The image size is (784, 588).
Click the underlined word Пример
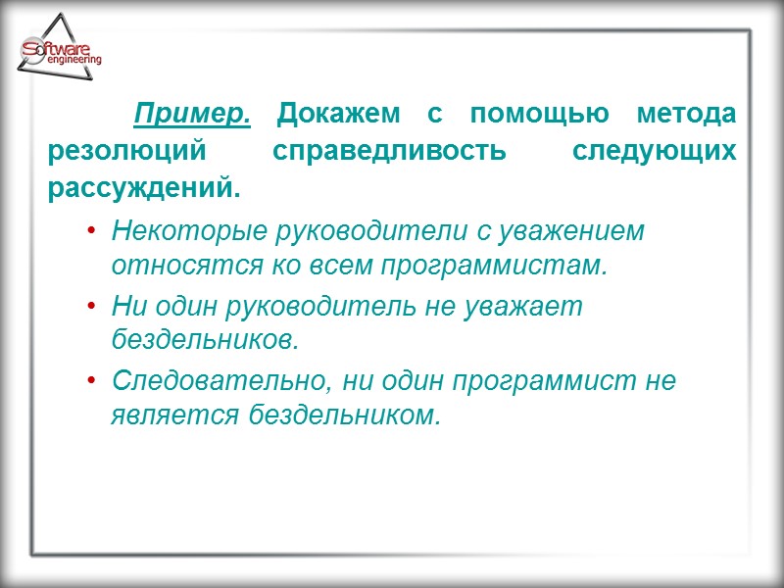(x=192, y=115)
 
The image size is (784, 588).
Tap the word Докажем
(x=338, y=115)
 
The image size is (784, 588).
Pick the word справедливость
(x=389, y=152)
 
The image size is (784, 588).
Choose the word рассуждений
(x=143, y=188)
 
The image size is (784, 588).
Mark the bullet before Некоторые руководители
(x=91, y=231)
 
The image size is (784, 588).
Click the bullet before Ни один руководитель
(x=91, y=307)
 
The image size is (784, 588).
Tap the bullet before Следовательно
(x=91, y=381)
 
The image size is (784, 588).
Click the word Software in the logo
(x=59, y=48)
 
